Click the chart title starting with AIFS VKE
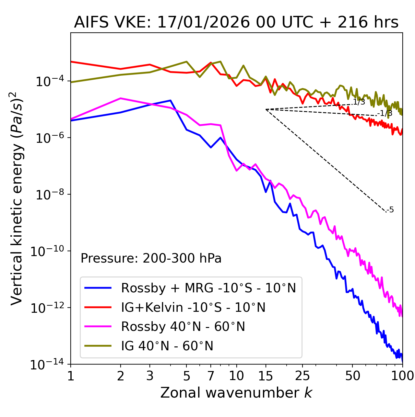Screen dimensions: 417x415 236,22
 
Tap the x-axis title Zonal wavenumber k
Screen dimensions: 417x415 236,393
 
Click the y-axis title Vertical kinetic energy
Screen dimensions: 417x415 17,198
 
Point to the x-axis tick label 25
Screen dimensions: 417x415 302,376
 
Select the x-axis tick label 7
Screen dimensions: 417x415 211,376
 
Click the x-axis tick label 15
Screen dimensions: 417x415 266,376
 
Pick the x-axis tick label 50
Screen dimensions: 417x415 352,376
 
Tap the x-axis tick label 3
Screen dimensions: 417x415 150,376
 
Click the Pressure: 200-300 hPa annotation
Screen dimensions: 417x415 151,258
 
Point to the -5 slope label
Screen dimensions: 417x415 390,210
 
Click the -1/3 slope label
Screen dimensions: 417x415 385,113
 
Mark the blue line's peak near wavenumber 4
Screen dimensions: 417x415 170,100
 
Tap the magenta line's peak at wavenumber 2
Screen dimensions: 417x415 121,98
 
